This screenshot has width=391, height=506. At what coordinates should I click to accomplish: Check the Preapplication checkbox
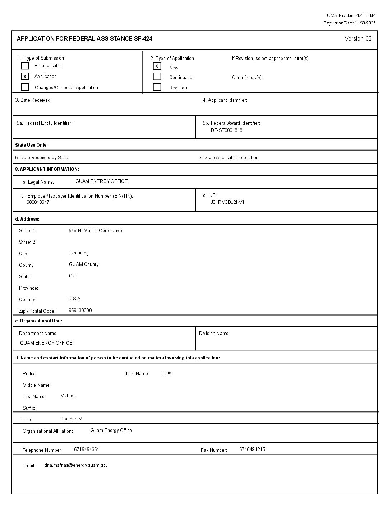click(x=25, y=66)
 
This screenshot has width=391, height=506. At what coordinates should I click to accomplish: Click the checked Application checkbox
click(x=25, y=76)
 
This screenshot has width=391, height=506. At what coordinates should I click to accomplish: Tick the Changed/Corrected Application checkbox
click(x=25, y=87)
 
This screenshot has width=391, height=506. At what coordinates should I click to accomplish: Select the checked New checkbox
click(x=157, y=66)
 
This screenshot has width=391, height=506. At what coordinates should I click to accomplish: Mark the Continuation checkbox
click(x=157, y=77)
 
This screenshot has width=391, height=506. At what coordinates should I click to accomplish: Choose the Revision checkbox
click(x=157, y=87)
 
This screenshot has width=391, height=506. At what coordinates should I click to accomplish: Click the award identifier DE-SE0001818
click(x=226, y=130)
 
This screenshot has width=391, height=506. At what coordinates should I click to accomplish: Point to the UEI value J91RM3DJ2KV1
click(x=227, y=202)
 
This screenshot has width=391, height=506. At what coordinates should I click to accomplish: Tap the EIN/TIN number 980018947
click(x=38, y=202)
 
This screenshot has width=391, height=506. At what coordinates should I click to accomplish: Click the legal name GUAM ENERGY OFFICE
click(x=101, y=181)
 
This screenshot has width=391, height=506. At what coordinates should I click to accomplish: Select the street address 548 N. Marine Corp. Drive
click(x=95, y=230)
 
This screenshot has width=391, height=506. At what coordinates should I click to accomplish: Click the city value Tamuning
click(x=79, y=253)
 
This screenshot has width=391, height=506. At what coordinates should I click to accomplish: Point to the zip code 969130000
click(x=80, y=310)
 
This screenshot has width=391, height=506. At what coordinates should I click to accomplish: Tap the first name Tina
click(x=167, y=373)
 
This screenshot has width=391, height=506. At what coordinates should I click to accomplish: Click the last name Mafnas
click(x=68, y=396)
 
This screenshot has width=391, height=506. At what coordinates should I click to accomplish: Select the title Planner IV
click(x=71, y=419)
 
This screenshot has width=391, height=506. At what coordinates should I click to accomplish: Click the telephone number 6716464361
click(x=87, y=449)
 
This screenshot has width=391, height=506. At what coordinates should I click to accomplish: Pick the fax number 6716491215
click(x=252, y=449)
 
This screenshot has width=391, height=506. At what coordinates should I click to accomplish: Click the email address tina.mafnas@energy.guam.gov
click(x=76, y=465)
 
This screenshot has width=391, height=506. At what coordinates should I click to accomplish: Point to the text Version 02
click(x=358, y=39)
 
